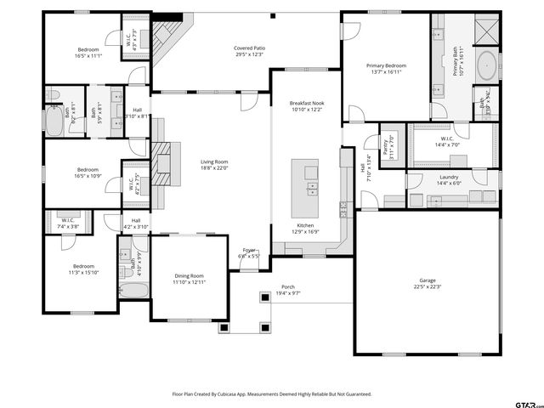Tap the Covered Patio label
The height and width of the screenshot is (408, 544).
pyautogui.click(x=250, y=48)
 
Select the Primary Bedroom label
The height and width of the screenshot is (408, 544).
pyautogui.click(x=386, y=65)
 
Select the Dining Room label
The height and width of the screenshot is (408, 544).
pyautogui.click(x=190, y=276)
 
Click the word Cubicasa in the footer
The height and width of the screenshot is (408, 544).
pyautogui.click(x=225, y=394)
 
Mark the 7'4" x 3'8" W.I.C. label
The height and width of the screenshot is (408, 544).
pyautogui.click(x=67, y=224)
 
